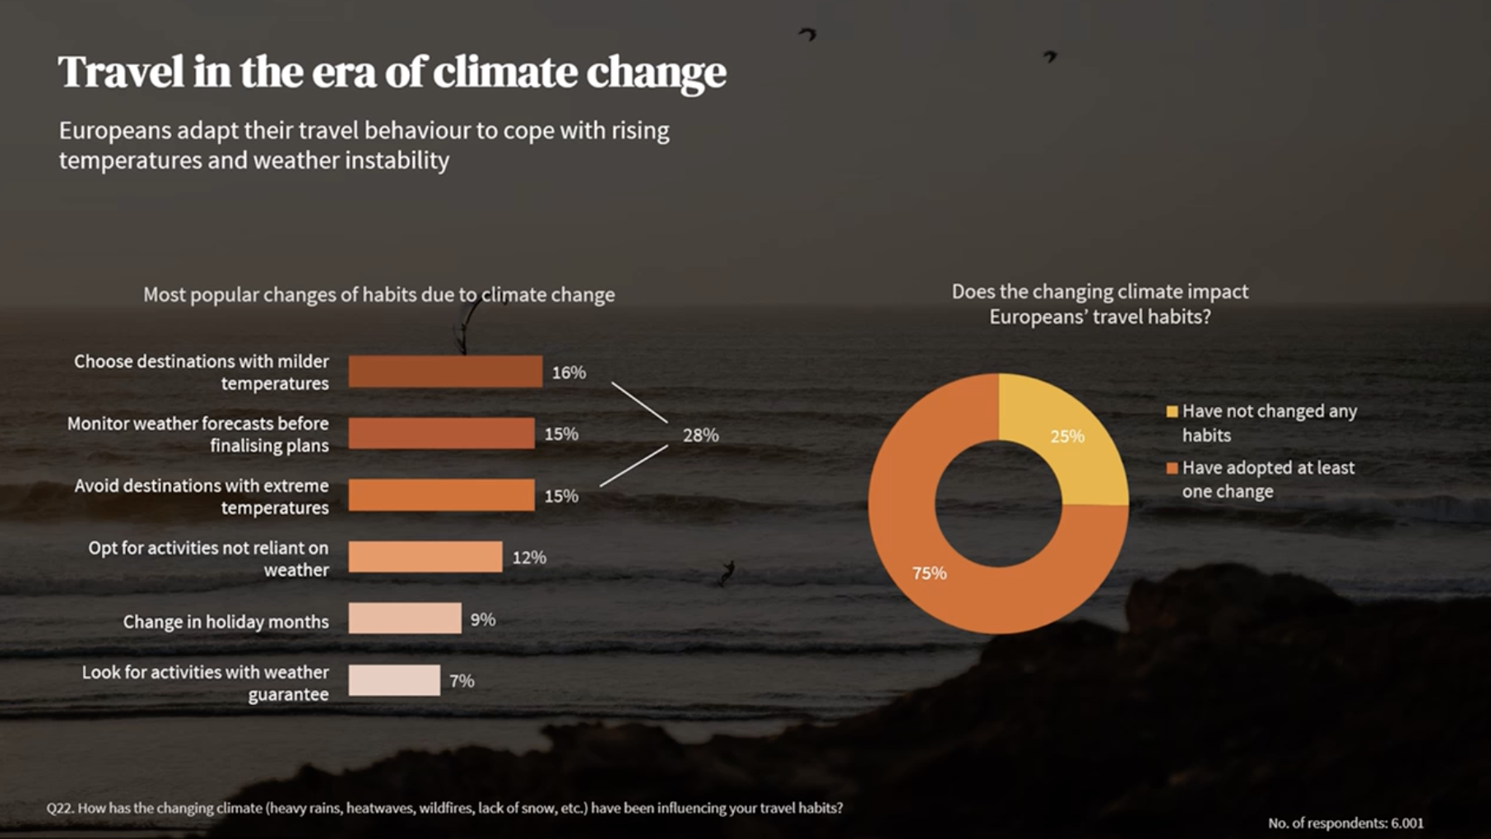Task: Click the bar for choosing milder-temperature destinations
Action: click(x=444, y=372)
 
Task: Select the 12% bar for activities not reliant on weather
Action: click(x=425, y=557)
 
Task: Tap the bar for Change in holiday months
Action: click(x=404, y=619)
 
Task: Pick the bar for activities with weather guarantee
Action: click(x=393, y=680)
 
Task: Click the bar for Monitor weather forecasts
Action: click(x=441, y=433)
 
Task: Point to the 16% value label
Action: click(x=569, y=373)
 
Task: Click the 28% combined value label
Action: click(x=700, y=435)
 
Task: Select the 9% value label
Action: click(x=483, y=619)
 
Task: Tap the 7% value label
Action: click(x=462, y=681)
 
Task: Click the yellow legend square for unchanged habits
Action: click(x=1172, y=411)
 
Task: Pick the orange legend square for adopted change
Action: click(x=1172, y=468)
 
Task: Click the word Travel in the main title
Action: click(x=121, y=72)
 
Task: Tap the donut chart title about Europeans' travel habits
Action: click(x=1099, y=304)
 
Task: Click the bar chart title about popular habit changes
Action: click(x=379, y=294)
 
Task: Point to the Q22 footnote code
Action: click(x=59, y=808)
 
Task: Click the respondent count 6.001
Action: click(x=1406, y=823)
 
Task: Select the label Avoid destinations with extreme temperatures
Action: click(x=202, y=496)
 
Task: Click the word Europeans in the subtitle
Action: click(x=115, y=131)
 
